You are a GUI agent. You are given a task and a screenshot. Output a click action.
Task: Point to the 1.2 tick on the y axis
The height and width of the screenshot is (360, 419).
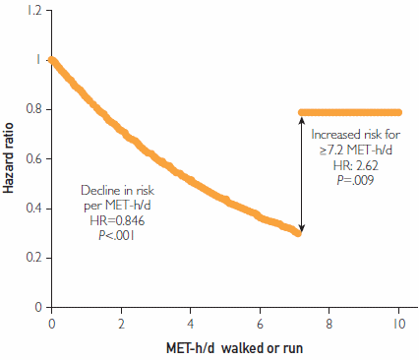(34, 10)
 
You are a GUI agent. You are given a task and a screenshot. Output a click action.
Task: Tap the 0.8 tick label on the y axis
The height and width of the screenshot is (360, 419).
(34, 109)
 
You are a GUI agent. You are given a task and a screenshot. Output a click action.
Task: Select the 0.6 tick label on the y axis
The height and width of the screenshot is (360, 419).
(34, 158)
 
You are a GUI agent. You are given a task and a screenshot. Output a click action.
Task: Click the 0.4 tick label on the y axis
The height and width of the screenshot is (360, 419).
(34, 209)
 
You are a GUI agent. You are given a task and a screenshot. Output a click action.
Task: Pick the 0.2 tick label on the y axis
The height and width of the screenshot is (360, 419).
(34, 258)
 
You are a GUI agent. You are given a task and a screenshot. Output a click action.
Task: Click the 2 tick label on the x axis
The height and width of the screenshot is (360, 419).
(121, 322)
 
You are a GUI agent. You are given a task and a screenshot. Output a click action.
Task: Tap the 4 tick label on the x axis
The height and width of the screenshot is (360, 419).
(190, 322)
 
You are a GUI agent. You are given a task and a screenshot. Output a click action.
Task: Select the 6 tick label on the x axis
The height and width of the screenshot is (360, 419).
(260, 322)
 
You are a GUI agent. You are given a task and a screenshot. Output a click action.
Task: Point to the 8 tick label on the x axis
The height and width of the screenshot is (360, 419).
(329, 322)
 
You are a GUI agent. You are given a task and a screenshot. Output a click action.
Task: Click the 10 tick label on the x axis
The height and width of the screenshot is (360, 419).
(397, 322)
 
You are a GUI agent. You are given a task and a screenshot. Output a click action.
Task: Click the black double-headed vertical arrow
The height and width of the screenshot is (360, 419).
(300, 173)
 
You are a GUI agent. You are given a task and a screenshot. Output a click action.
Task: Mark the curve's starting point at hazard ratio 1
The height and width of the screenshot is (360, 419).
(51, 60)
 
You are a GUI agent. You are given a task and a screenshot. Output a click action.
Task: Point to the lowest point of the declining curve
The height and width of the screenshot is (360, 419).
(298, 232)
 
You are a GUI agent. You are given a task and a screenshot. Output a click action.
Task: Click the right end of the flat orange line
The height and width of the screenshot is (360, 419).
(398, 112)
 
